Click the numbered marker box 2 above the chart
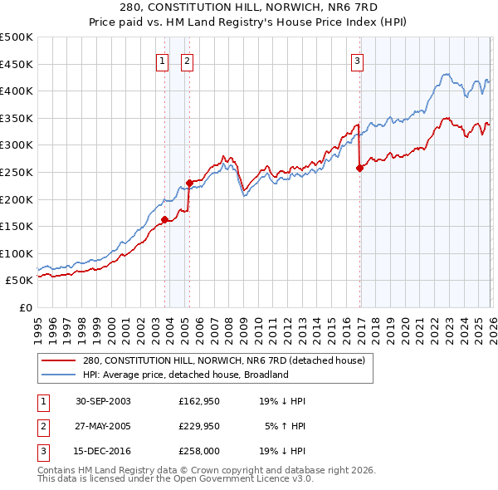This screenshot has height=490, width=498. (187, 61)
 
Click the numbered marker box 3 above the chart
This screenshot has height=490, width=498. (357, 61)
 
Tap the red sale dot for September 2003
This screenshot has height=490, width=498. (164, 219)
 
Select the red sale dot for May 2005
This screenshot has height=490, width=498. (189, 183)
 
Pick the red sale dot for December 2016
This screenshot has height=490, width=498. (359, 168)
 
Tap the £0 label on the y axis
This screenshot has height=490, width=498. (24, 307)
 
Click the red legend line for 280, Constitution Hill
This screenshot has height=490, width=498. (60, 360)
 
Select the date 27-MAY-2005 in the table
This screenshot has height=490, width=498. (103, 428)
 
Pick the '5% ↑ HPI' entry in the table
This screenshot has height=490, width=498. (285, 428)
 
